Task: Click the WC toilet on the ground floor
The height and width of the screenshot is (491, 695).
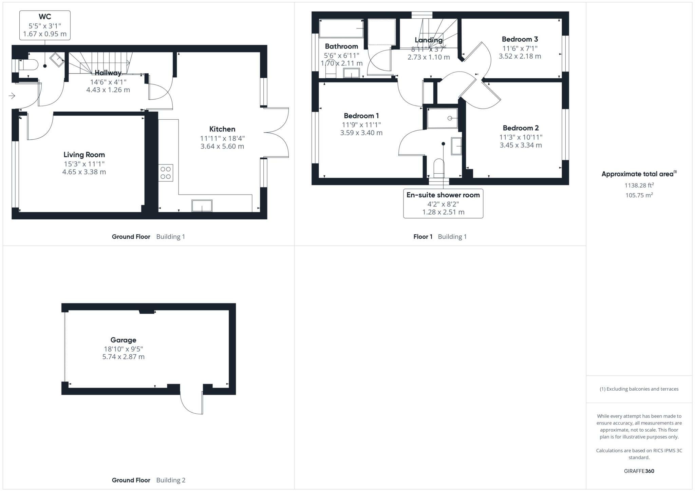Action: [x=29, y=65]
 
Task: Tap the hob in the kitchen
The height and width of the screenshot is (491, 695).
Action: [x=166, y=173]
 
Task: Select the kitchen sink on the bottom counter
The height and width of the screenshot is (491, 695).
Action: [x=202, y=206]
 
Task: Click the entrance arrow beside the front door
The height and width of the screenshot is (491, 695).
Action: [x=12, y=96]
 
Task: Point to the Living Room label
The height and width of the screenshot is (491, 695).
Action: [x=84, y=155]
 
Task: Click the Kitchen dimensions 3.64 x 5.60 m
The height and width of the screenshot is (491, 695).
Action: [x=222, y=146]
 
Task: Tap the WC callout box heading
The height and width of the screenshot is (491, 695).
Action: [x=45, y=17]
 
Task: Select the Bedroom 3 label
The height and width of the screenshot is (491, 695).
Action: [x=520, y=39]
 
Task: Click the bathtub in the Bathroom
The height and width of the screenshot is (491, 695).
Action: [x=341, y=28]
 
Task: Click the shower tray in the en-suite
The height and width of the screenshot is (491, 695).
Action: [x=442, y=118]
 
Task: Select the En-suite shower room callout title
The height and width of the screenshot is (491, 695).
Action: [x=443, y=195]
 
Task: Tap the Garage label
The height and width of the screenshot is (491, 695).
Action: [x=123, y=340]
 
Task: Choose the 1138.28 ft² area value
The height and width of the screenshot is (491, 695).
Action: [x=639, y=185]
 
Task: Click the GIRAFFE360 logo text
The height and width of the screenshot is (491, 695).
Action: [x=639, y=471]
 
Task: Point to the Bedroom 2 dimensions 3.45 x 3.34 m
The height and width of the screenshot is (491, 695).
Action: [x=521, y=145]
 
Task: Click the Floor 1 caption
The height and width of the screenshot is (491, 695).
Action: [x=422, y=237]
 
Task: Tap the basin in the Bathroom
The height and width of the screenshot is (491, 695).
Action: [x=351, y=73]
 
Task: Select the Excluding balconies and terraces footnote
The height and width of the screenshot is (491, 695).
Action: [x=639, y=389]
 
